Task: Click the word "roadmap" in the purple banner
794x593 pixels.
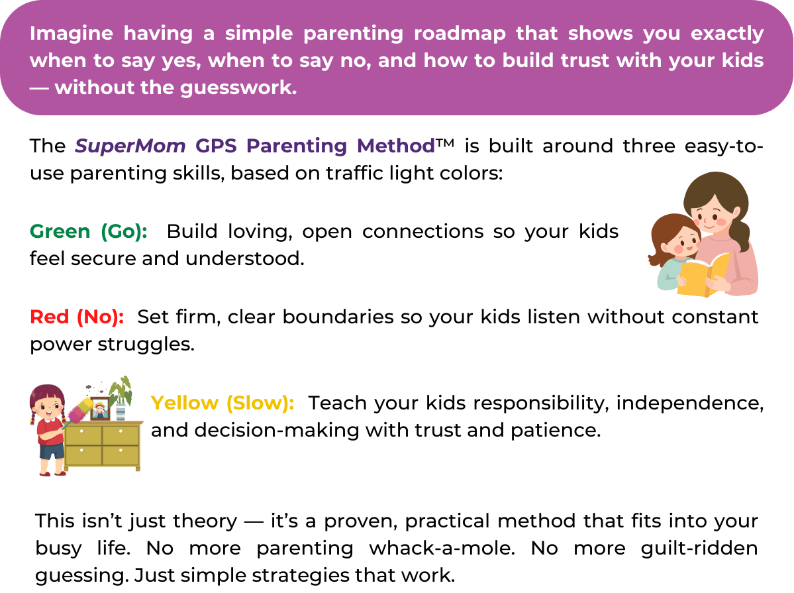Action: click(x=460, y=33)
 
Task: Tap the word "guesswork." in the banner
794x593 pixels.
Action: click(x=238, y=88)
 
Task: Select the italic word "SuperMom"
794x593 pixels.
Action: click(x=130, y=146)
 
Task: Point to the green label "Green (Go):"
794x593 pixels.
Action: click(x=89, y=232)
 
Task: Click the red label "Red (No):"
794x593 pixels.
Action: click(x=77, y=317)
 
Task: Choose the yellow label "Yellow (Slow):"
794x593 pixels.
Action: click(x=223, y=403)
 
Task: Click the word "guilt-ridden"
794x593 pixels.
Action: click(x=699, y=549)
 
